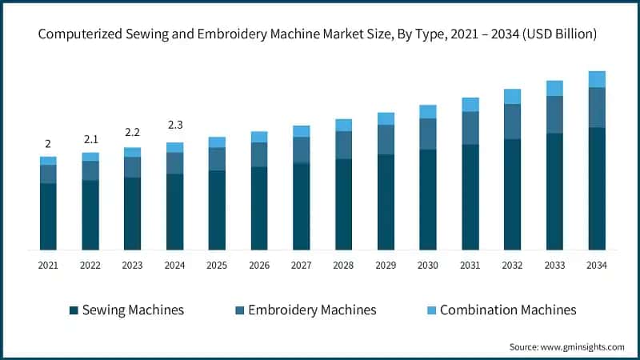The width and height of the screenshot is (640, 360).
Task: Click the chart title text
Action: (320, 34)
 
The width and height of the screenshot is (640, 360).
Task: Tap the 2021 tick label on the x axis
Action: (48, 265)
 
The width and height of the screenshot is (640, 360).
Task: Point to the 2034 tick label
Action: (596, 265)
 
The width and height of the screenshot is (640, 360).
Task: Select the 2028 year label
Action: (343, 265)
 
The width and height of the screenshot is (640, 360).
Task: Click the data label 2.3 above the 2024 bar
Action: (174, 125)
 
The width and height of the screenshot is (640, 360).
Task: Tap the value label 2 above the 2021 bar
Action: (48, 144)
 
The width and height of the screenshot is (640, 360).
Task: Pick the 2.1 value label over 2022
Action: (90, 139)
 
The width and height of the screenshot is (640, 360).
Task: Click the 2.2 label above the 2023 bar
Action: (132, 132)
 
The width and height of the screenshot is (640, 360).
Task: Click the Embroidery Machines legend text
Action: (311, 310)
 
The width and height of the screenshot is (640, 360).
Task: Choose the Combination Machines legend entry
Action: (508, 310)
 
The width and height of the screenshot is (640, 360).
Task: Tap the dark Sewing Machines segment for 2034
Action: (596, 188)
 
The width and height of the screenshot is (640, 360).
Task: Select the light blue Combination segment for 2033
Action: (554, 88)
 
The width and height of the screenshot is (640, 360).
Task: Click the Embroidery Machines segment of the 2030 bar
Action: (428, 134)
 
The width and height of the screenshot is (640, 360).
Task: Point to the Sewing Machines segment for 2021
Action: (48, 216)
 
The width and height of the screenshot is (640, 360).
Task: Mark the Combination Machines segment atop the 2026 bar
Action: (258, 137)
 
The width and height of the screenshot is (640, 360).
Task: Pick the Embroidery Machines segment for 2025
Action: (217, 158)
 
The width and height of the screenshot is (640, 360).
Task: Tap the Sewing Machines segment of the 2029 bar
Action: (386, 202)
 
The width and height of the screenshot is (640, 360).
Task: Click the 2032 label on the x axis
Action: (512, 265)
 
